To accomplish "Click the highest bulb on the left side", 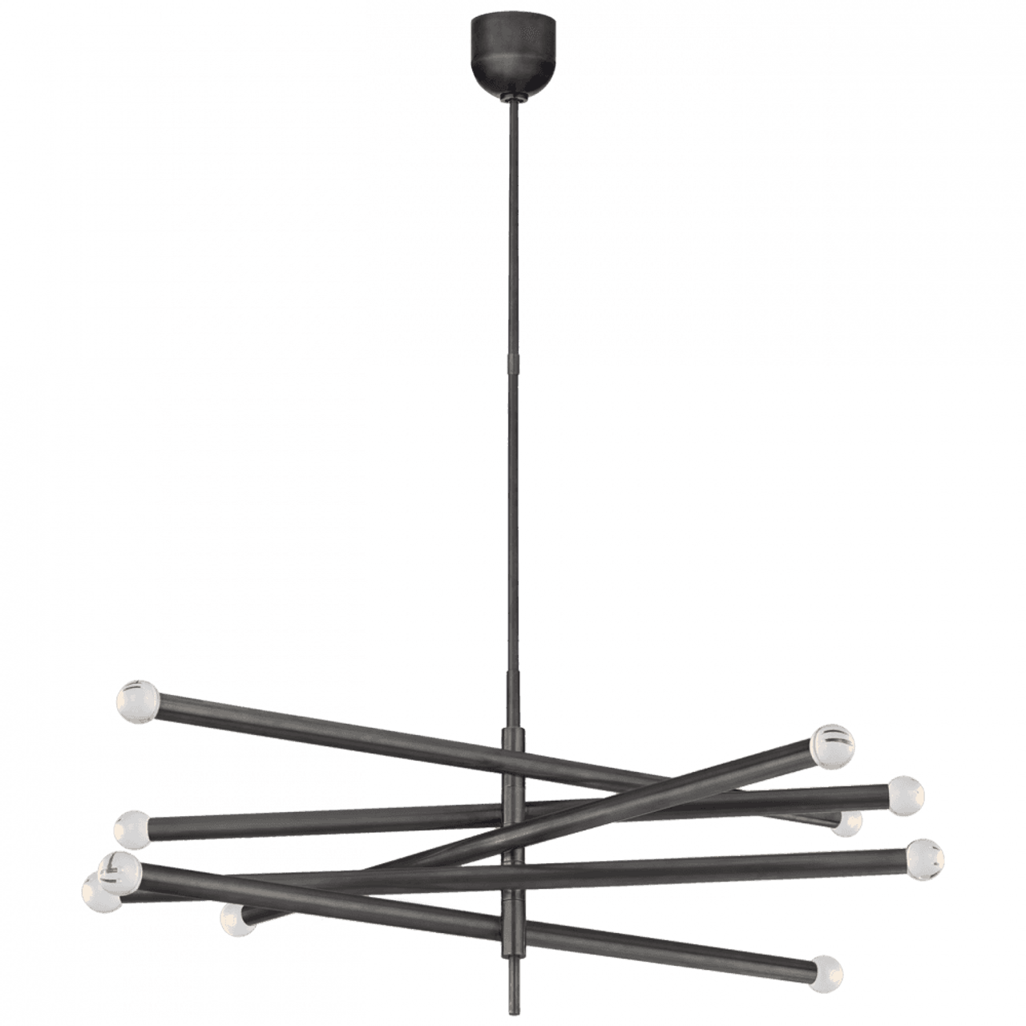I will (138, 702).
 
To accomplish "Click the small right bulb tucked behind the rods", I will (846, 824).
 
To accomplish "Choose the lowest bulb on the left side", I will (236, 920).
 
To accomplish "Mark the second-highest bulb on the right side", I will (905, 795).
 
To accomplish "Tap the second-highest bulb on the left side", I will (132, 829).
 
